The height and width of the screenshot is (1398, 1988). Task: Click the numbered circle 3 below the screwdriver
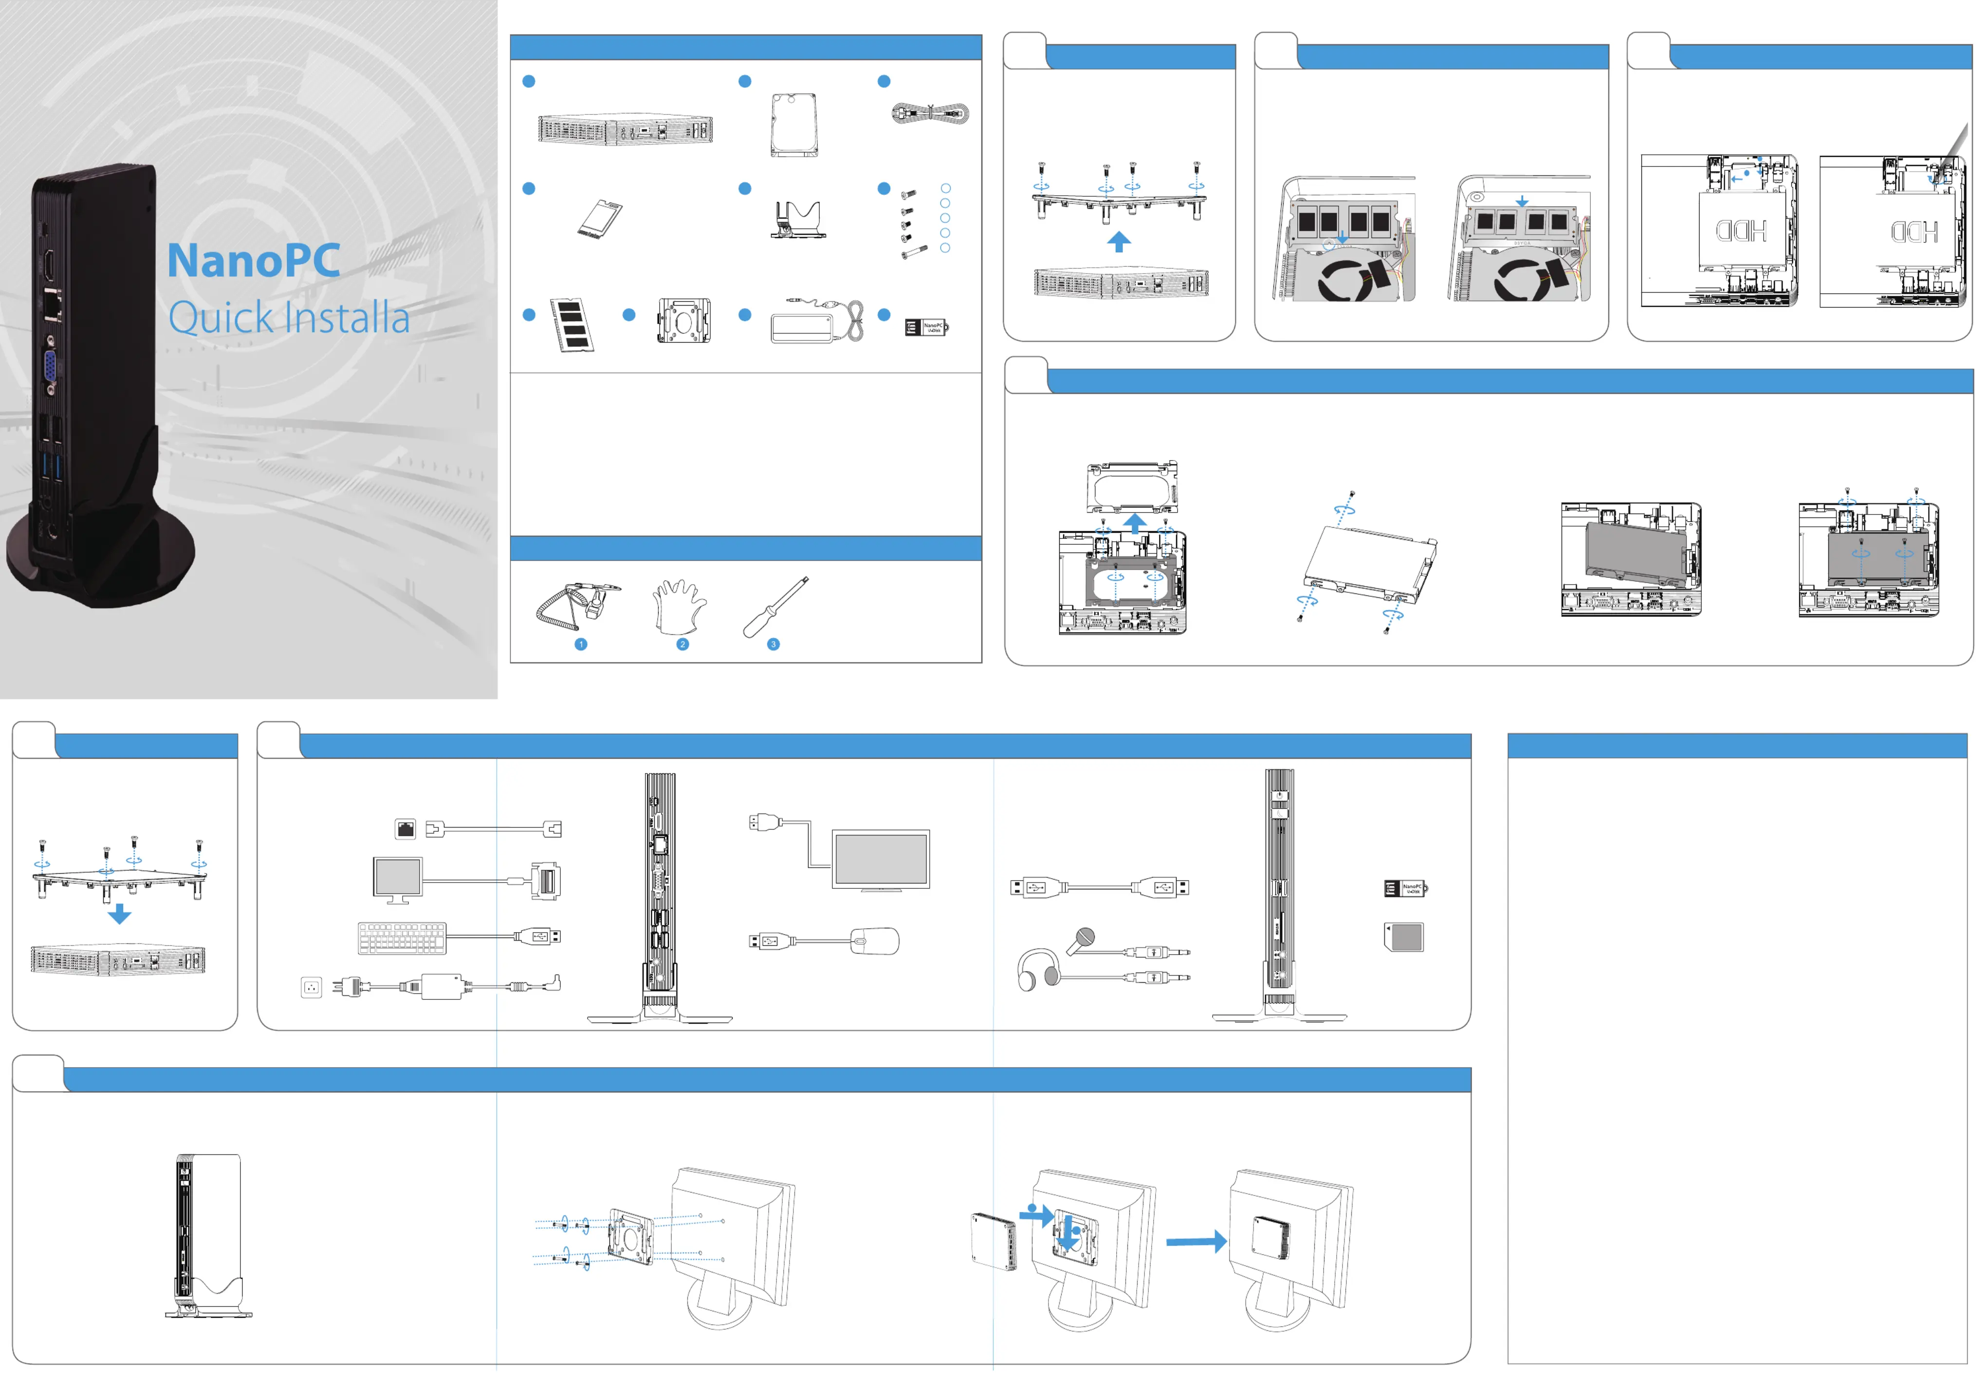pyautogui.click(x=773, y=644)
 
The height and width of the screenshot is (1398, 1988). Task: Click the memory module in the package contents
pyautogui.click(x=571, y=325)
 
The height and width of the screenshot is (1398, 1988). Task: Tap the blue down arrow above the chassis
pyautogui.click(x=119, y=913)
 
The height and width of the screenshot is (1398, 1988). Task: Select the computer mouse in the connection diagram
pyautogui.click(x=875, y=941)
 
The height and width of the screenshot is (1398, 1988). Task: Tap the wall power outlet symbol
pyautogui.click(x=311, y=987)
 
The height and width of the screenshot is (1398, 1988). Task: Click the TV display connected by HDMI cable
pyautogui.click(x=881, y=860)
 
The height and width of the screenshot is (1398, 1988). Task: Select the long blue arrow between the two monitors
pyautogui.click(x=1196, y=1241)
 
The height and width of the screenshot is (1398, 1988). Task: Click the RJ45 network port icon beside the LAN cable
pyautogui.click(x=405, y=828)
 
